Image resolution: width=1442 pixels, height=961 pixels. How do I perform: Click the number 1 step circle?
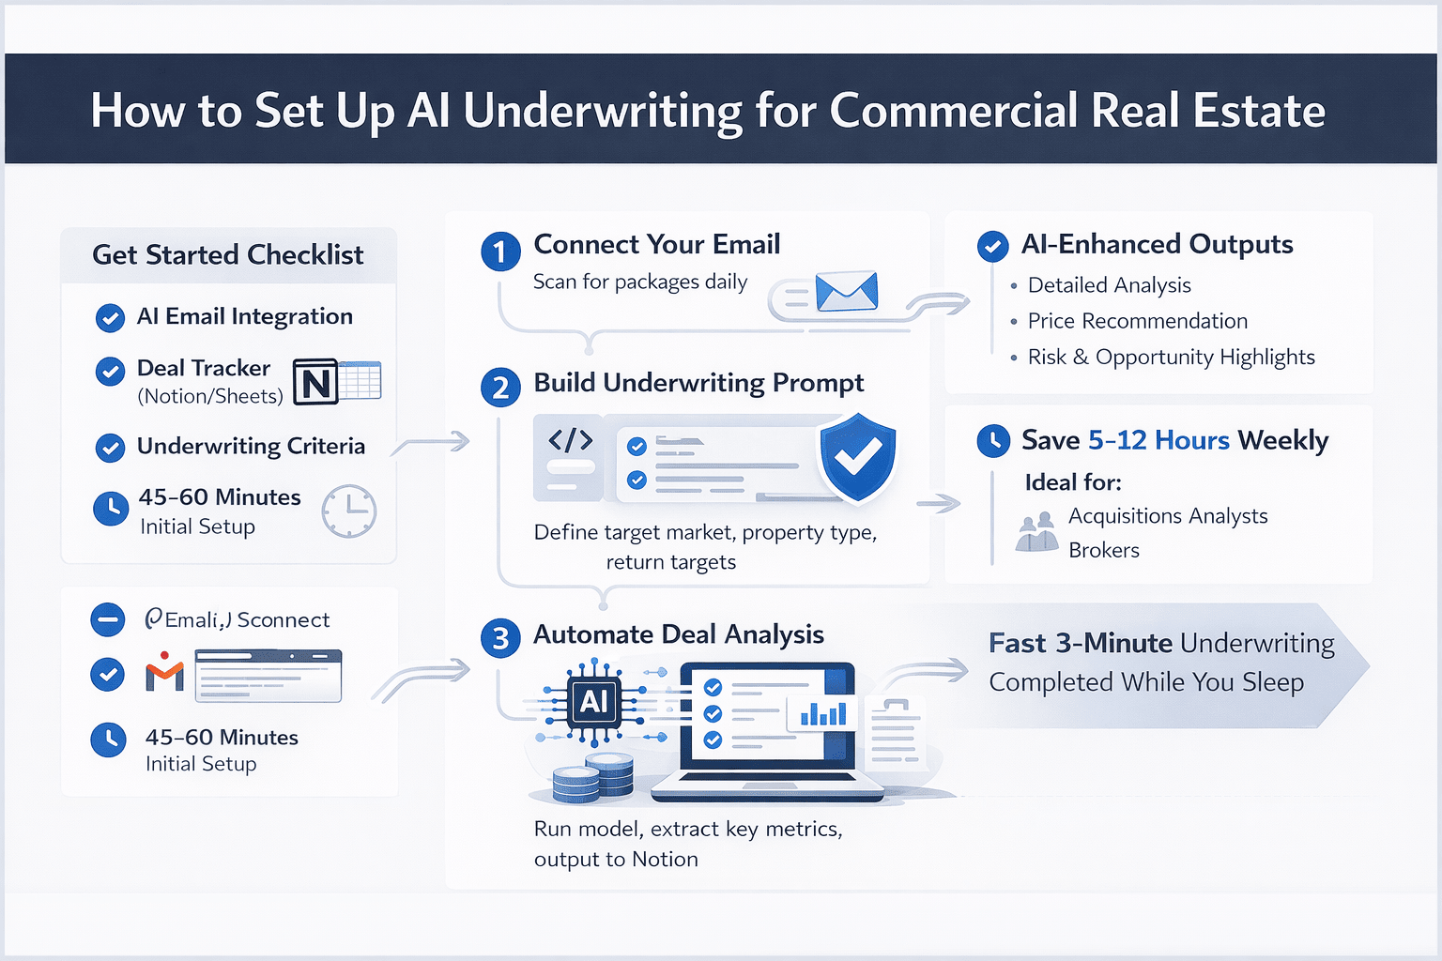(500, 252)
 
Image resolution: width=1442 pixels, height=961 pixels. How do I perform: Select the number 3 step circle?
(500, 638)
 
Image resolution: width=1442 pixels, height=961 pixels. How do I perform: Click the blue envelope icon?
(846, 292)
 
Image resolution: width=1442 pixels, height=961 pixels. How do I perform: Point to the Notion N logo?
(315, 382)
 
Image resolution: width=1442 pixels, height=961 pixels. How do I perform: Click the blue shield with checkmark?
(857, 456)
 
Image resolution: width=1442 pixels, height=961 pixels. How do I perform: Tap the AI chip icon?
(593, 701)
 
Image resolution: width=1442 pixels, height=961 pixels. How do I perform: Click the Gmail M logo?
(164, 673)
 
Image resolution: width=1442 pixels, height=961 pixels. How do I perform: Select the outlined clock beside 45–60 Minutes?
(348, 511)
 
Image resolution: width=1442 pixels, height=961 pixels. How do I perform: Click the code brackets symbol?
(570, 439)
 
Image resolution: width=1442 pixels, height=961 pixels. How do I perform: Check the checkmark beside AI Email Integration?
(110, 318)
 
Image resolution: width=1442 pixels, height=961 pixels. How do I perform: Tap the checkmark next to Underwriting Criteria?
(110, 448)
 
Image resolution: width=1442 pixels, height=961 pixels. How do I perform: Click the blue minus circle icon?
(107, 619)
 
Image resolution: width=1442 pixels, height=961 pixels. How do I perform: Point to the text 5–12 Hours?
(1158, 440)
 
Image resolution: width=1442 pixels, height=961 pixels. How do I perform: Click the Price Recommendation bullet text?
(1137, 321)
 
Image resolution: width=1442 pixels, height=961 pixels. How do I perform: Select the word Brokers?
(1103, 550)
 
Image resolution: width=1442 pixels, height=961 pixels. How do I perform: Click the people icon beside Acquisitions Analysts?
(1036, 532)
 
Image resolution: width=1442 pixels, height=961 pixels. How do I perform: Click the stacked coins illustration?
(592, 777)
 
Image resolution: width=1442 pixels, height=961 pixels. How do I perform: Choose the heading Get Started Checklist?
(228, 255)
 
